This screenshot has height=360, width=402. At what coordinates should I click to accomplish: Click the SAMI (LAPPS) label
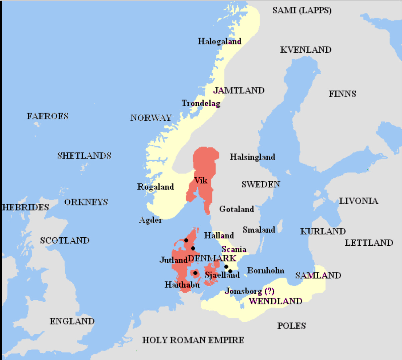tap(301, 10)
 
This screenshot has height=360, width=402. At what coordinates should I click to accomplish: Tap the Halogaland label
tap(219, 41)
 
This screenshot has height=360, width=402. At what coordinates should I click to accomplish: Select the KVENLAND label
tap(306, 50)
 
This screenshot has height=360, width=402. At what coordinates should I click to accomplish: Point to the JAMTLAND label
tap(239, 90)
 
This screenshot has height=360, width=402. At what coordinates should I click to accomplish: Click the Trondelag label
tap(201, 103)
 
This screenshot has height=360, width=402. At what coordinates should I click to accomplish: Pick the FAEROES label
tap(48, 116)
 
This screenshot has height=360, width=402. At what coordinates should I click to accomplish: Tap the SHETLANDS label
tap(84, 156)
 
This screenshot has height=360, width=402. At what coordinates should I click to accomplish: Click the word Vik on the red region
tap(201, 180)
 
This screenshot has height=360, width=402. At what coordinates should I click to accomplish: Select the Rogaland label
tap(155, 187)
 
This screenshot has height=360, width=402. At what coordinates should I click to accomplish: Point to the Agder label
tap(150, 220)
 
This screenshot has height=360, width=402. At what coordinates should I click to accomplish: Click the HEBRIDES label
tap(25, 207)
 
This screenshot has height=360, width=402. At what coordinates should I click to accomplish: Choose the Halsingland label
tap(252, 157)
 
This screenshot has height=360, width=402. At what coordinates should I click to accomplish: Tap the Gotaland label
tap(237, 209)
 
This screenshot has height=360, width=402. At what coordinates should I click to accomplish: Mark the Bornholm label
tap(266, 270)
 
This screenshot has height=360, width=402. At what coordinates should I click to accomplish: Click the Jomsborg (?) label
tap(249, 291)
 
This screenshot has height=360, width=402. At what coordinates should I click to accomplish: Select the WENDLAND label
tap(275, 301)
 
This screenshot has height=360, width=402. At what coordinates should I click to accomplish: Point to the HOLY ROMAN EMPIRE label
tap(193, 340)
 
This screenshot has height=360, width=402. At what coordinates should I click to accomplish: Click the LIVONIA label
tap(358, 201)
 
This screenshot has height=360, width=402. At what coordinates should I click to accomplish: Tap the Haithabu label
tap(182, 285)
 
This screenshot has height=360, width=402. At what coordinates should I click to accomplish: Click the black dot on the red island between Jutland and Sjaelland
tap(195, 273)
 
